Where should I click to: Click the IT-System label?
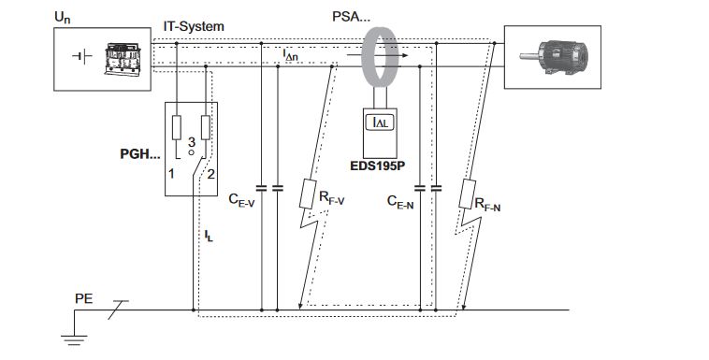(194, 26)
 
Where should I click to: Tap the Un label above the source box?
(63, 18)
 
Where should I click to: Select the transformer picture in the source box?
(123, 58)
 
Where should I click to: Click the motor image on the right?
(554, 57)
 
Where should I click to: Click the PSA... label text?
(351, 17)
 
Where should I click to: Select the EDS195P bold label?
(377, 166)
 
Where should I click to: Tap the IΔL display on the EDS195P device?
(380, 122)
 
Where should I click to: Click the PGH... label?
(139, 153)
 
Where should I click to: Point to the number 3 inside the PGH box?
(191, 142)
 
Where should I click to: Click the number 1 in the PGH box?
(171, 173)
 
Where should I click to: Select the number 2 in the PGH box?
(210, 173)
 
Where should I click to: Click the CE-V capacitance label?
(241, 199)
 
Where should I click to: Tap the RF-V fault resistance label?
(331, 198)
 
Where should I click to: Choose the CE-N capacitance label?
(400, 202)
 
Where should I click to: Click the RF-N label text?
(487, 205)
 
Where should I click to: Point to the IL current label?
(208, 236)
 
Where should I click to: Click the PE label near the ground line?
(83, 299)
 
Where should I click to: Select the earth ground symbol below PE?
(74, 340)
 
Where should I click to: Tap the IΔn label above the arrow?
(290, 55)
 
